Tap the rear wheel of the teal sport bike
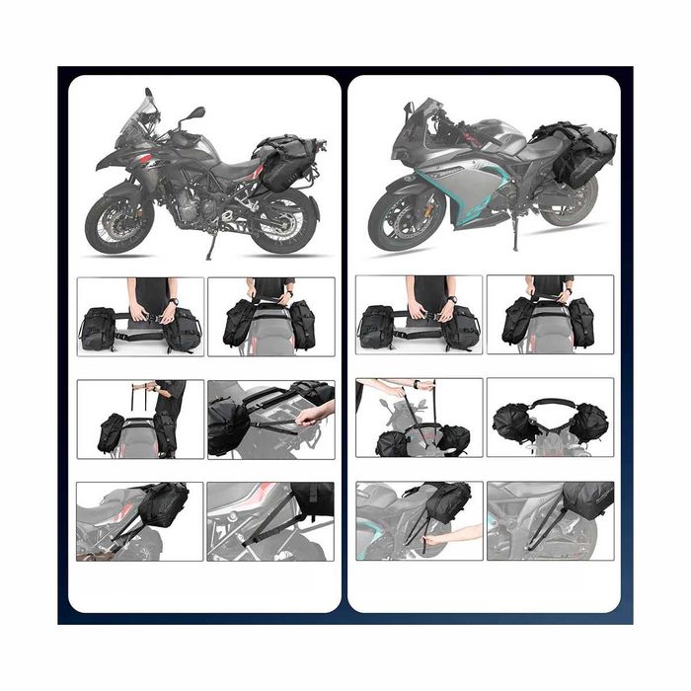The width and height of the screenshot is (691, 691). click(x=572, y=203)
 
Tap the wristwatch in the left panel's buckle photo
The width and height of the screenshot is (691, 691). click(x=174, y=301)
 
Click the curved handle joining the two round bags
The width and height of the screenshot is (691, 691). click(x=550, y=404)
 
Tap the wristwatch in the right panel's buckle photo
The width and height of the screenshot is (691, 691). click(x=452, y=300)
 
